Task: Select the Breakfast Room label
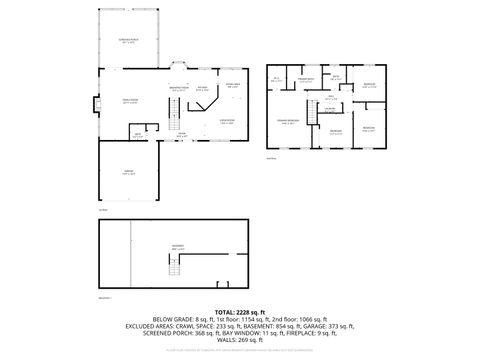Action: coord(180,89)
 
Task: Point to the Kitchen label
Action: coord(202,90)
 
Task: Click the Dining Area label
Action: coord(232,85)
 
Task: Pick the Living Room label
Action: coord(227,120)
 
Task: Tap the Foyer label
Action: coord(181,134)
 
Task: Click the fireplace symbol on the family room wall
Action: coord(96,103)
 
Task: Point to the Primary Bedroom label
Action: coord(290,120)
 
